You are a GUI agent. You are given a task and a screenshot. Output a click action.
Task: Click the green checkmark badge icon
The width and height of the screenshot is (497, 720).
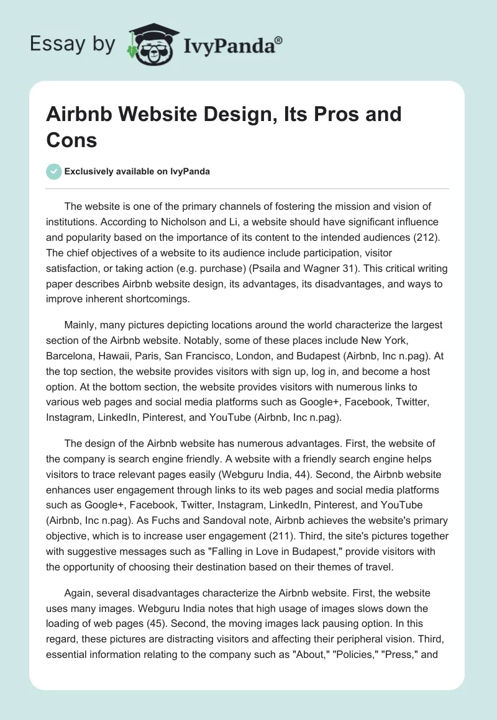[54, 171]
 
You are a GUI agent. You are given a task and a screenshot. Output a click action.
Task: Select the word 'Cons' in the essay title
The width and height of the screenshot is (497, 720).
[71, 140]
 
